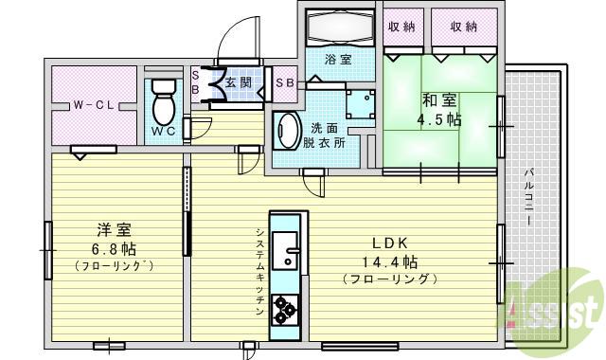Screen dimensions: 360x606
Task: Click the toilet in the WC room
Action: [x=163, y=99]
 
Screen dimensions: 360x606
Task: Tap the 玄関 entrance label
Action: [x=239, y=81]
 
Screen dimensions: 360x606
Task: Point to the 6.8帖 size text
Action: [x=115, y=249]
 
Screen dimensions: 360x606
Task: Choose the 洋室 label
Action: [x=110, y=229]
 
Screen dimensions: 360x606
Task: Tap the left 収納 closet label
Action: [x=401, y=27]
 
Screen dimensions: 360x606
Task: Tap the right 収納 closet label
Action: [x=463, y=27]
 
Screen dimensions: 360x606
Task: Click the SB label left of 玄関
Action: [x=195, y=81]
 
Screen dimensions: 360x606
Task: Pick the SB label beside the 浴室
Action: [x=283, y=82]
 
